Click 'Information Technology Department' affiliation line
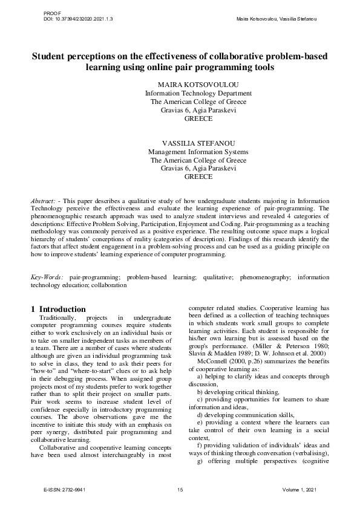click(x=198, y=94)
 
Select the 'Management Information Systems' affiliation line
click(x=198, y=152)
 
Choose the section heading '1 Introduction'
click(x=62, y=309)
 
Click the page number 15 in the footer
click(x=180, y=489)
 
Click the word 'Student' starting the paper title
click(x=50, y=56)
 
